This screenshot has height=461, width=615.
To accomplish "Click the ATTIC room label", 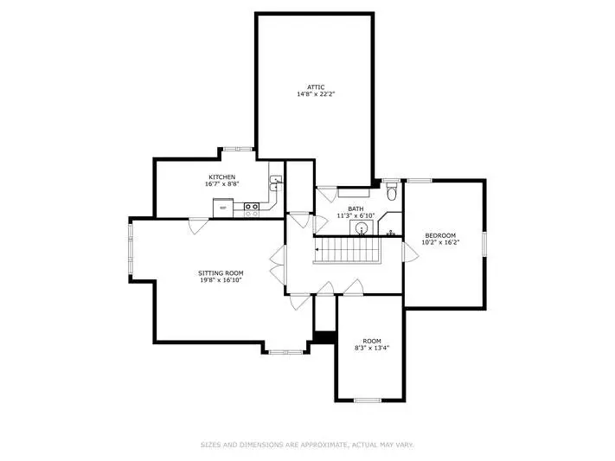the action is (316, 87).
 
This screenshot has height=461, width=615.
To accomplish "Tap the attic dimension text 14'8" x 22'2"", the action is (316, 94).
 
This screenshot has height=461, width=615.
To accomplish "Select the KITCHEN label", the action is (222, 177).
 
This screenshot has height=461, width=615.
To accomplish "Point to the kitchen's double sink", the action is (276, 183).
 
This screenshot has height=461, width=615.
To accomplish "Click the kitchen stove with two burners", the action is (252, 206).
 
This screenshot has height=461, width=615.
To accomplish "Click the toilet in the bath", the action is (392, 192).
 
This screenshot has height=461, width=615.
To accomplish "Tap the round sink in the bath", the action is (362, 227).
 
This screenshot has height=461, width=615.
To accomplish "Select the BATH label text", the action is (356, 209).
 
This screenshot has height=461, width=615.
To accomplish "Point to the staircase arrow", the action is (317, 250).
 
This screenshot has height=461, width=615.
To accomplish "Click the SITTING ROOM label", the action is (221, 273).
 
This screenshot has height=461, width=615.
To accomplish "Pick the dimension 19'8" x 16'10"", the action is (221, 280).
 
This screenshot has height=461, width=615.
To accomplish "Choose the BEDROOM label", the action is (440, 235).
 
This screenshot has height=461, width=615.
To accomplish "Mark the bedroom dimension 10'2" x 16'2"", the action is (440, 242).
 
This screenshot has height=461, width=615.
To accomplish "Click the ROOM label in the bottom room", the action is (372, 341).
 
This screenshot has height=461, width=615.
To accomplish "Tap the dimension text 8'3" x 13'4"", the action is (372, 348).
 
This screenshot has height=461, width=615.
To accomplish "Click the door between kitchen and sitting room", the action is (199, 225).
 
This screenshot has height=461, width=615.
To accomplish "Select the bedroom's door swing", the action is (410, 252).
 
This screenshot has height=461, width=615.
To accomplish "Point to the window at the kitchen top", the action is (238, 149).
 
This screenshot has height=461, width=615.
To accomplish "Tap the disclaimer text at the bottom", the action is (307, 445).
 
